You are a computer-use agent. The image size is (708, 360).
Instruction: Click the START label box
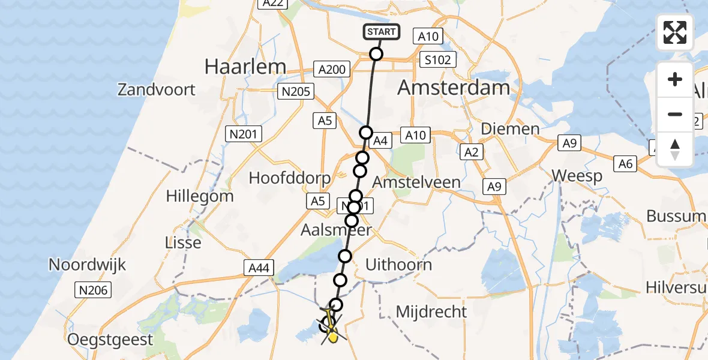coord(381,32)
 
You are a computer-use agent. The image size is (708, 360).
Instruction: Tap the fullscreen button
coord(675,32)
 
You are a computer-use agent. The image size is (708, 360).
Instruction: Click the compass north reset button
coord(675,150)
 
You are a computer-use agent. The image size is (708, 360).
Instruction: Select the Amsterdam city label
coord(454,88)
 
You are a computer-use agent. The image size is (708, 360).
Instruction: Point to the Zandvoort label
coord(157,90)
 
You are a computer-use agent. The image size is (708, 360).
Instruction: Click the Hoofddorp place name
coord(290,178)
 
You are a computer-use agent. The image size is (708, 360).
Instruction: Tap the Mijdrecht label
coord(431,311)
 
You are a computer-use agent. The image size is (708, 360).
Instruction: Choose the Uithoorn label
coord(398,265)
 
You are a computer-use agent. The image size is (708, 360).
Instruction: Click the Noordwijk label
coord(88,265)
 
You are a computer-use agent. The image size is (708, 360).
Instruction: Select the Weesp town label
coord(577,176)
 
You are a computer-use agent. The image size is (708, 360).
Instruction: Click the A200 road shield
coord(332,70)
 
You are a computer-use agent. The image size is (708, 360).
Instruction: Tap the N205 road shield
coord(295,91)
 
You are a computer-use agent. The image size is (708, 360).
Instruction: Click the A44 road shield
coord(259,268)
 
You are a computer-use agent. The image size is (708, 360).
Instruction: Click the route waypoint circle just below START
coord(376,54)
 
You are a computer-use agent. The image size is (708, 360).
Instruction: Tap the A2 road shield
coord(472,152)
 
